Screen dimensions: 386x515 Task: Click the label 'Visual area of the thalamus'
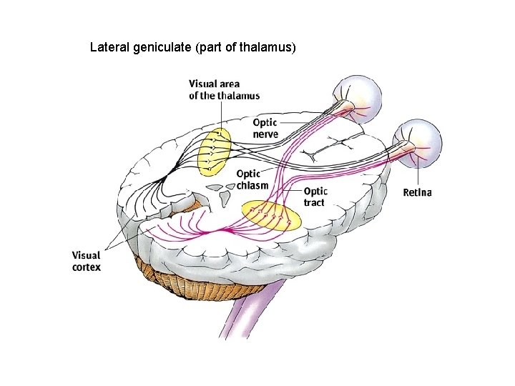[x=224, y=89]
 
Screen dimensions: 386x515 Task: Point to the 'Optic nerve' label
[x=265, y=128]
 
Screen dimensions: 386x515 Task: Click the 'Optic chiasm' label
[x=252, y=179]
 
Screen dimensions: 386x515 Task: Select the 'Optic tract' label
[x=315, y=197]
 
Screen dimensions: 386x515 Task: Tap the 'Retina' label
[x=417, y=192]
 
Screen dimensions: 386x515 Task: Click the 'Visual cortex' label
[x=86, y=261]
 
